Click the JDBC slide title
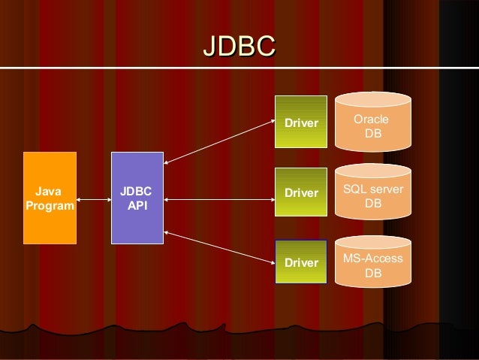click(x=239, y=46)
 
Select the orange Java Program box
click(x=50, y=198)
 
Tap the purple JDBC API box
click(x=137, y=198)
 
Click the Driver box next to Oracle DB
click(x=301, y=122)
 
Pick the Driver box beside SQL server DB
click(x=301, y=193)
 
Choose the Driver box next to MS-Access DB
click(x=301, y=262)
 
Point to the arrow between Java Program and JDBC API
click(x=94, y=200)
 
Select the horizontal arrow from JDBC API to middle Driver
click(x=219, y=200)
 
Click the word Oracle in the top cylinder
click(x=371, y=119)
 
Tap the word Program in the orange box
click(x=50, y=205)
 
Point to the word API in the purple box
click(x=137, y=205)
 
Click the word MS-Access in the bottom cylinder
click(x=372, y=259)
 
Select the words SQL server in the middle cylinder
click(x=372, y=190)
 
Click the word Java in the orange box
click(x=50, y=191)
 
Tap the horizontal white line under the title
click(x=239, y=68)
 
